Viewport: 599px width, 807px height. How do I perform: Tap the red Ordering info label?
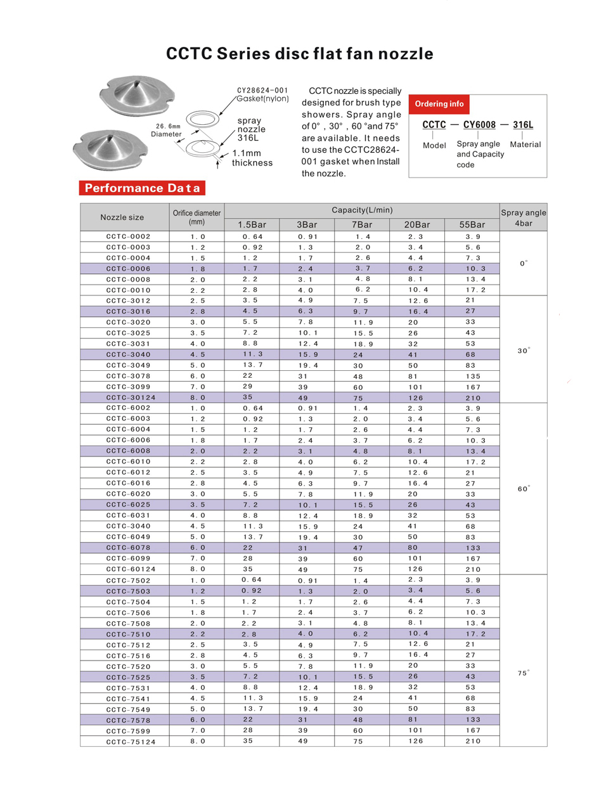tap(439, 103)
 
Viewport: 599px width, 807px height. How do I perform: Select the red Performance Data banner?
tap(142, 188)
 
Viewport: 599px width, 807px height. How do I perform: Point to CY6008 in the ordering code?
tap(479, 124)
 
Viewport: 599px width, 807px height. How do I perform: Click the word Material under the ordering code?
tap(525, 145)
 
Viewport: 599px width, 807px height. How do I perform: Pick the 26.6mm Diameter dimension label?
tap(166, 130)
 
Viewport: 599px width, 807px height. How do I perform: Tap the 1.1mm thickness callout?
tap(252, 158)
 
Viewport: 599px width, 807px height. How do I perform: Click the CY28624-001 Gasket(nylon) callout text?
tap(262, 94)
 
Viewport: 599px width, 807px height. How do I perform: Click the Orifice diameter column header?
tap(196, 217)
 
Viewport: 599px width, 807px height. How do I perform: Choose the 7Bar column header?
tap(362, 224)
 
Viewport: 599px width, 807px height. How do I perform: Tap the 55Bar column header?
tap(472, 224)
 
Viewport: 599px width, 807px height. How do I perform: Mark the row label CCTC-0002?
tap(128, 236)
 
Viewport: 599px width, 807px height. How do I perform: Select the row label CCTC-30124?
tap(130, 397)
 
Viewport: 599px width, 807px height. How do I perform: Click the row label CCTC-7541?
tap(128, 699)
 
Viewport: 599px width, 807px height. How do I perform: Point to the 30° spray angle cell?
tap(523, 349)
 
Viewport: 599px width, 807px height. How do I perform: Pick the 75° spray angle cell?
tap(523, 673)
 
